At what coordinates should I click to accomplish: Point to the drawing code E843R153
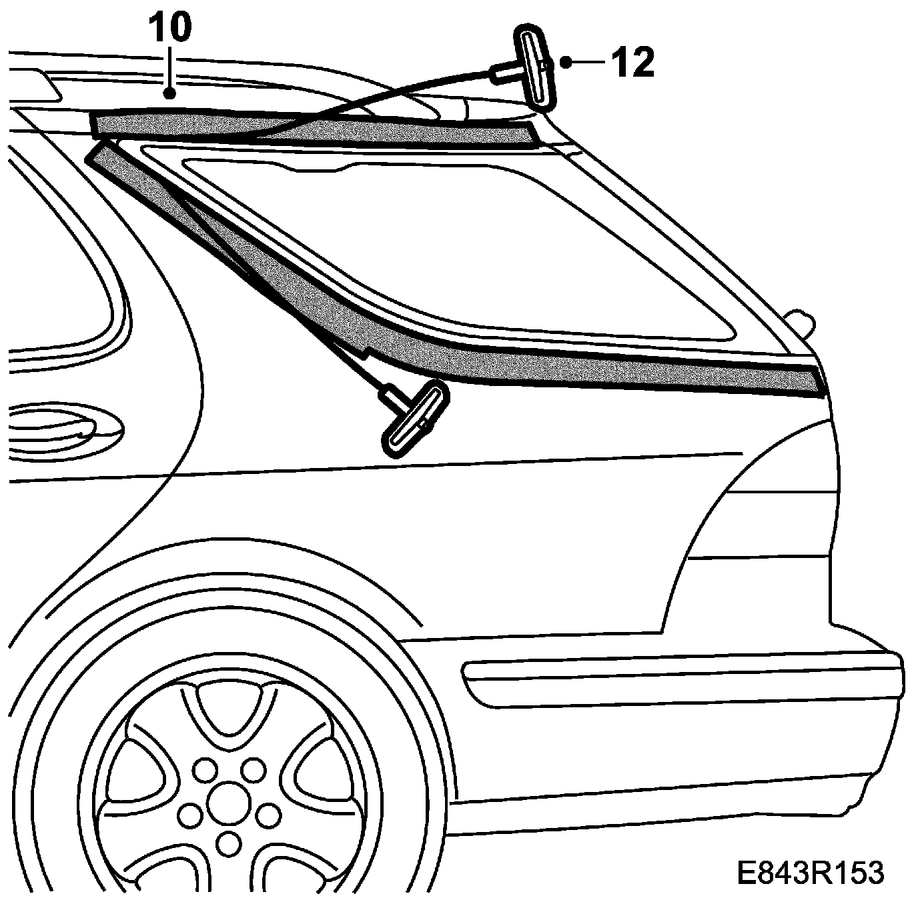(x=811, y=872)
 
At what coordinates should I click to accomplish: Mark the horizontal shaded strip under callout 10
(x=314, y=128)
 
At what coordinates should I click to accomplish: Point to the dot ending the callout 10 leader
(x=171, y=93)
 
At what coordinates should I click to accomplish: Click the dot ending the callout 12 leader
(x=566, y=63)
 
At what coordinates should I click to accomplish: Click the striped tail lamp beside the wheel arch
(x=761, y=527)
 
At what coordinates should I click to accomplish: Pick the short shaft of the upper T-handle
(x=507, y=71)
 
